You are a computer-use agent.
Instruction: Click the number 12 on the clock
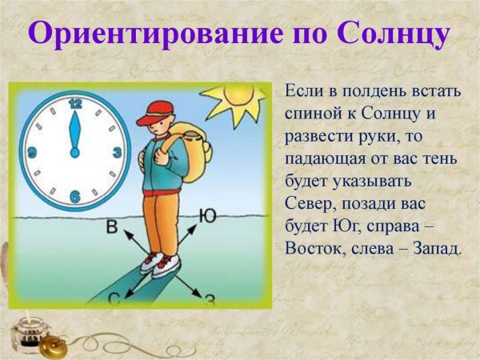click(76, 103)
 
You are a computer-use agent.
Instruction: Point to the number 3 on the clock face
click(117, 152)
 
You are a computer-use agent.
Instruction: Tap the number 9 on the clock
click(33, 152)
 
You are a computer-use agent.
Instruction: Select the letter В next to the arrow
click(112, 228)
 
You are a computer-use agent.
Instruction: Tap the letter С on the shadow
click(114, 300)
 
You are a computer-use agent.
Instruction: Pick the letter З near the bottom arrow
click(210, 300)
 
